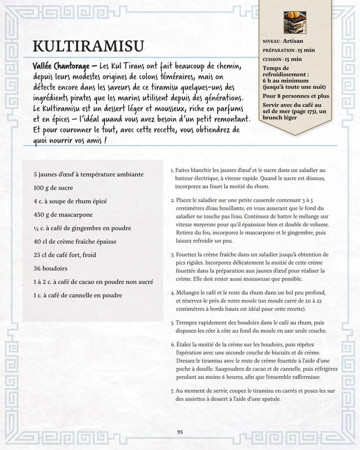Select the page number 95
tap(180, 432)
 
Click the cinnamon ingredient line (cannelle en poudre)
tap(78, 295)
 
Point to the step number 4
tap(172, 293)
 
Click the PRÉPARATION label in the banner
tap(279, 51)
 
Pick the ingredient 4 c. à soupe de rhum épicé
tap(70, 201)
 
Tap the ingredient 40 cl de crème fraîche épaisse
tap(75, 241)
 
